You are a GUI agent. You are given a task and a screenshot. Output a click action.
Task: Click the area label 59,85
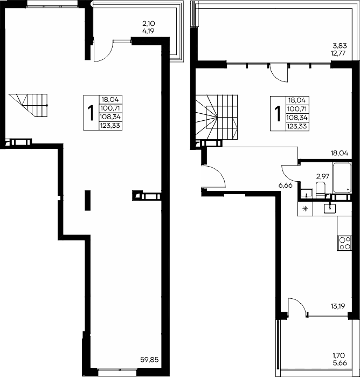click(x=149, y=360)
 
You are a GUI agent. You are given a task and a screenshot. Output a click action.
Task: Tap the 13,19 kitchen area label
click(x=338, y=306)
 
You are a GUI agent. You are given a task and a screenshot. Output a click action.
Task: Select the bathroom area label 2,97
click(x=322, y=177)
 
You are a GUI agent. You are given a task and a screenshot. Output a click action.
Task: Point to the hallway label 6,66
click(x=285, y=185)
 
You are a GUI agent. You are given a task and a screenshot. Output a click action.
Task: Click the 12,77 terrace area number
click(x=338, y=53)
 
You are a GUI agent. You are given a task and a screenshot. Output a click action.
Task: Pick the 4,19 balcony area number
click(x=148, y=31)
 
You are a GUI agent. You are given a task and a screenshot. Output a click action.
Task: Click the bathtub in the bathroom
click(x=342, y=177)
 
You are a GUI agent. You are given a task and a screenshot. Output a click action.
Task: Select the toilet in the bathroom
click(x=320, y=190)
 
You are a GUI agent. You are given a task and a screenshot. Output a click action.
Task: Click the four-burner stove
click(x=344, y=244)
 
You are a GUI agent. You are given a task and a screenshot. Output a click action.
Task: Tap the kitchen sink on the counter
click(x=330, y=208)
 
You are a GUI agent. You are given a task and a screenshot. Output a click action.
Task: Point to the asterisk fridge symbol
click(x=305, y=209)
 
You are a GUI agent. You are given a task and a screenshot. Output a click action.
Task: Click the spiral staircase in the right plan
click(x=216, y=117)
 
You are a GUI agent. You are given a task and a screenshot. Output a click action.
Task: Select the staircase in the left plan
click(x=29, y=105)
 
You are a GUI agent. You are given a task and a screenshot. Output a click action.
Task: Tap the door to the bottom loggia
click(x=297, y=306)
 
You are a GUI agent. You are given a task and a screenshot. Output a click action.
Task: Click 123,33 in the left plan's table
click(x=110, y=126)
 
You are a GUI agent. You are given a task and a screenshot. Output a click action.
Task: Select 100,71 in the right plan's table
click(x=297, y=109)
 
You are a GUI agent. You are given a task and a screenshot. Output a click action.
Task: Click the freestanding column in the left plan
click(x=88, y=200)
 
